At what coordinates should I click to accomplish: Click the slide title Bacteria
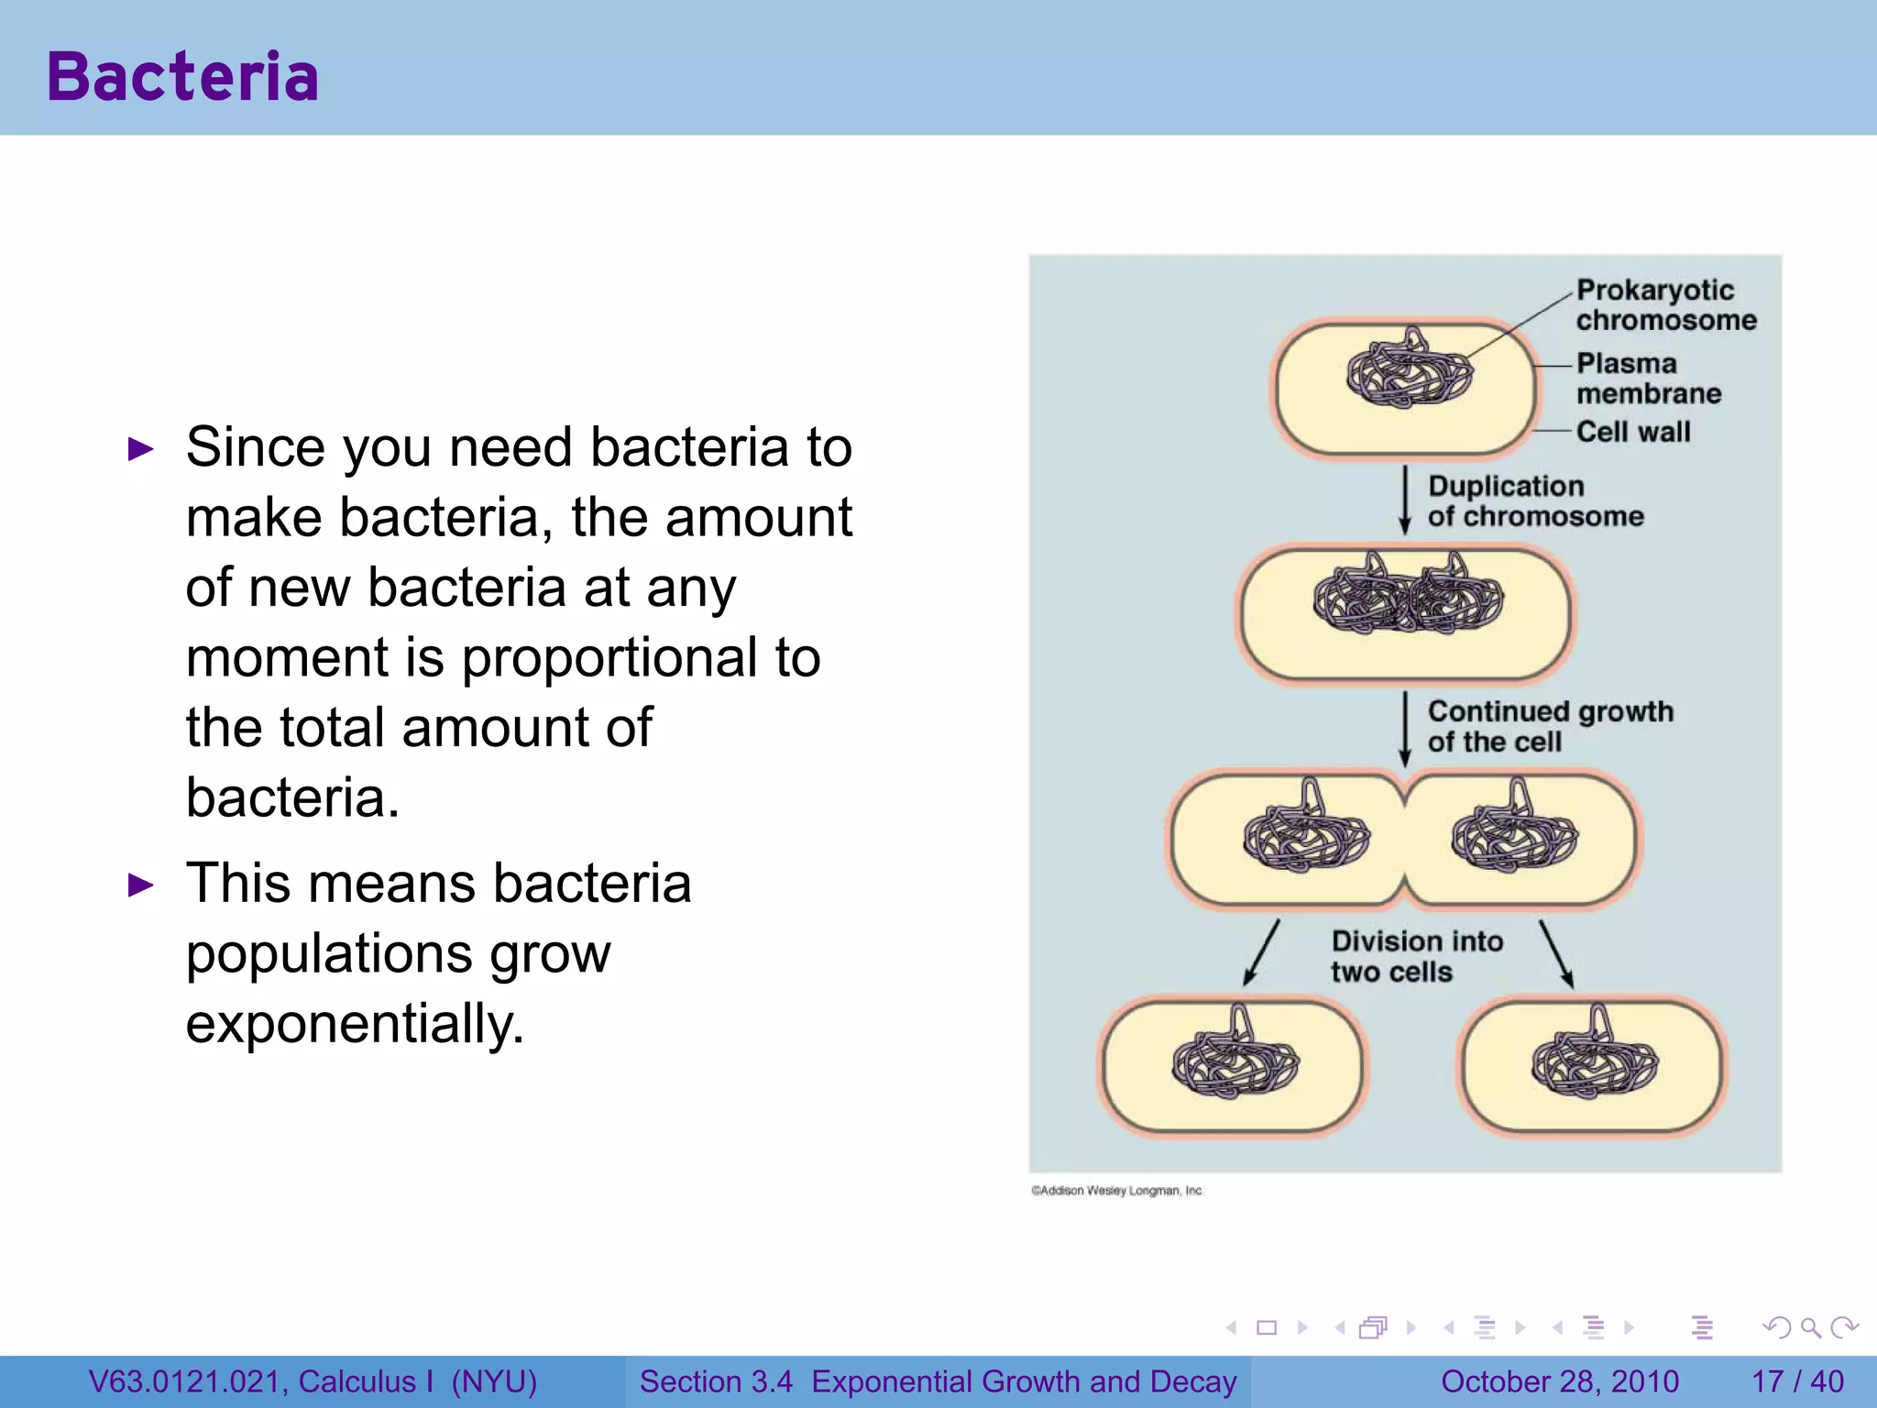coord(182,76)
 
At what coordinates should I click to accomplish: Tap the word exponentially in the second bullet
coord(354,1024)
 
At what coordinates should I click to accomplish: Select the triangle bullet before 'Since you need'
coord(140,449)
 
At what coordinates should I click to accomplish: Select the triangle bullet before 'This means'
coord(140,885)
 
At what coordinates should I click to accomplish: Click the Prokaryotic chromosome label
coord(1664,304)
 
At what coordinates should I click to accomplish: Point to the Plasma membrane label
coord(1647,378)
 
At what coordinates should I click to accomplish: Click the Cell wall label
coord(1632,431)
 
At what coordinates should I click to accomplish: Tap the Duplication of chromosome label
coord(1534,500)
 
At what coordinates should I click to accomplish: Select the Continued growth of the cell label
coord(1549,726)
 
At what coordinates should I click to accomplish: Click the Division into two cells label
coord(1416,956)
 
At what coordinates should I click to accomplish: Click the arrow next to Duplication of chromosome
coord(1404,500)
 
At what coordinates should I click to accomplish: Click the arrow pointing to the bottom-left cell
coord(1261,953)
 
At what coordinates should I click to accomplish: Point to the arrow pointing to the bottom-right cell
coord(1556,953)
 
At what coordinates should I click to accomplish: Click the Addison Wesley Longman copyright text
coord(1116,1191)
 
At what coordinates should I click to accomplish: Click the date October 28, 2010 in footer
coord(1559,1381)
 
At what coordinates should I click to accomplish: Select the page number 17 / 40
coord(1797,1381)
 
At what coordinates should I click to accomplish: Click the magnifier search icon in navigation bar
coord(1810,1327)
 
